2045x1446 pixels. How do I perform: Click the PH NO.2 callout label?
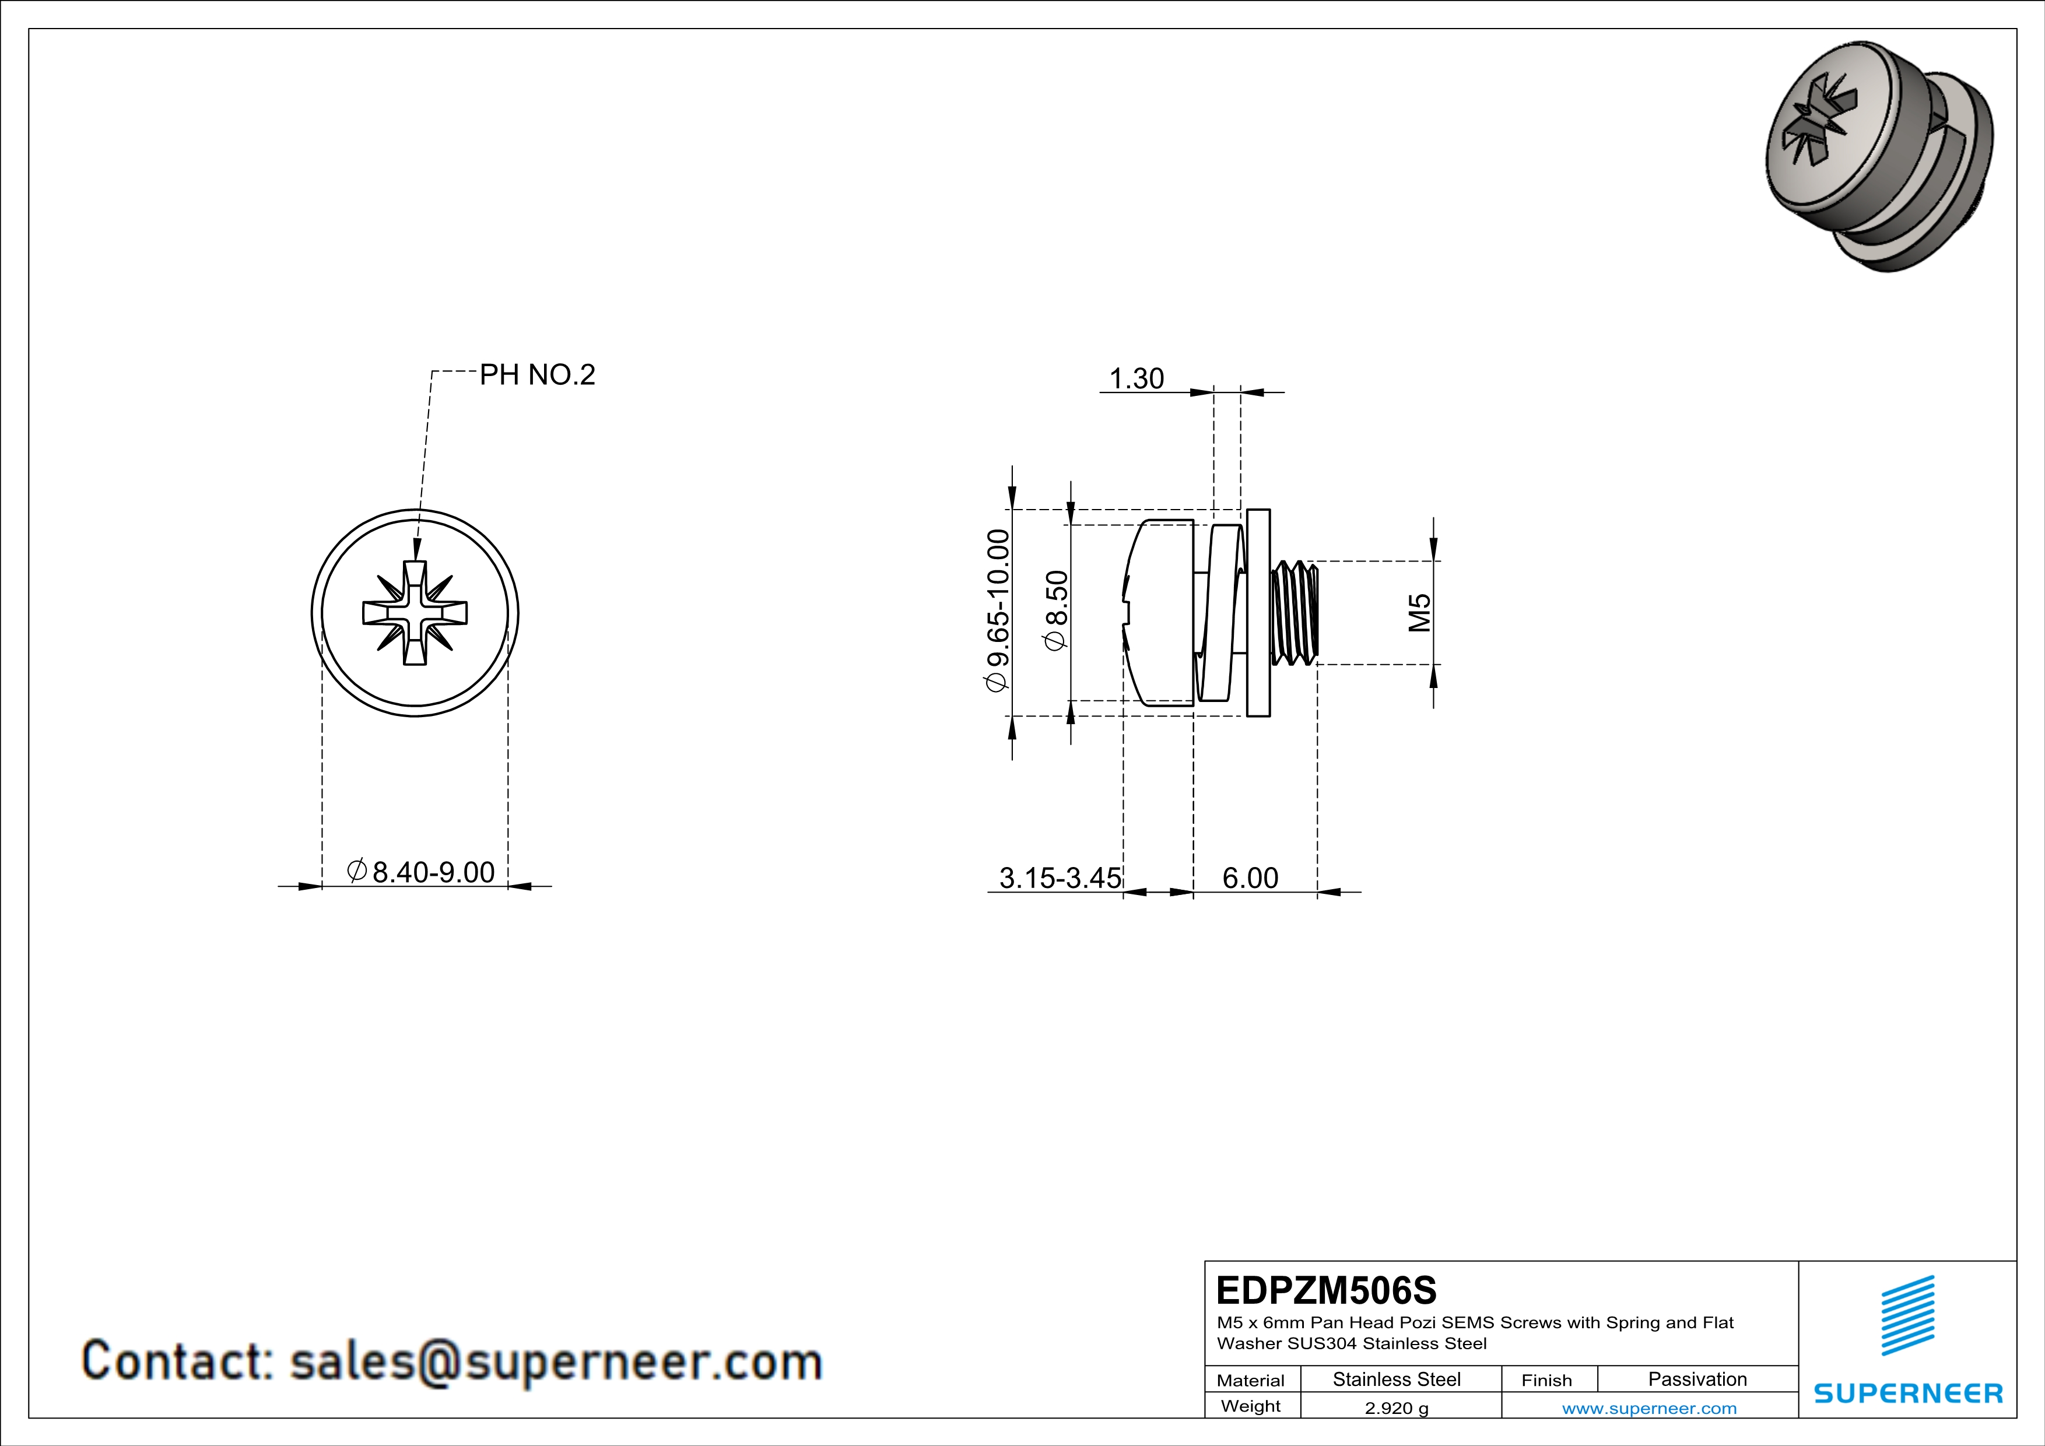coord(536,375)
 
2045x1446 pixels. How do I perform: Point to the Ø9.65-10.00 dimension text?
coord(998,610)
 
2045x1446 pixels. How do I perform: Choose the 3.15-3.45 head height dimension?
coord(1060,878)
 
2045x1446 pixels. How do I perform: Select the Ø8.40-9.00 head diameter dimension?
coord(421,872)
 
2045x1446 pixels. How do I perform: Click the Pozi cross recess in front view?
coord(415,613)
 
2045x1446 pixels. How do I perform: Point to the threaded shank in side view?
coord(1294,613)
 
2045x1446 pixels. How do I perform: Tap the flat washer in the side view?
coord(1258,613)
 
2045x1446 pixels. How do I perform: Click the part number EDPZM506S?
coord(1325,1290)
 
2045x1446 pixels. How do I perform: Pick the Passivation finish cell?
coord(1697,1379)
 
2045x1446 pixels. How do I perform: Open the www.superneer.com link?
coord(1648,1408)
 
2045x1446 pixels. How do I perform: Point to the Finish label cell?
coord(1546,1380)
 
